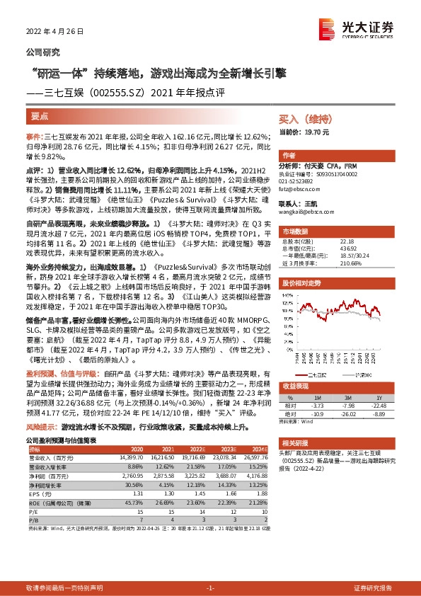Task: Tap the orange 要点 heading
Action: click(x=40, y=116)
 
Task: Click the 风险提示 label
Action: click(x=41, y=428)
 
